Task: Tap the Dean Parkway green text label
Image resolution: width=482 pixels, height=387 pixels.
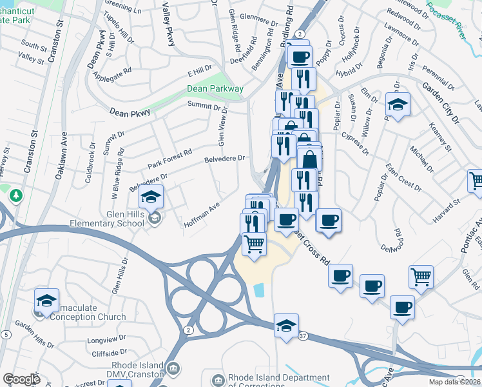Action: point(215,88)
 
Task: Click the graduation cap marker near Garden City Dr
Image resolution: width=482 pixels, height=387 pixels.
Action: point(398,103)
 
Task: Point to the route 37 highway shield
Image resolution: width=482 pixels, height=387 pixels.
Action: point(303,336)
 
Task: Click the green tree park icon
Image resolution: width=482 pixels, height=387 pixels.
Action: point(16,195)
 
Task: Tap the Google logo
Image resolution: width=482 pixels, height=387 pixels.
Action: point(21,379)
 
